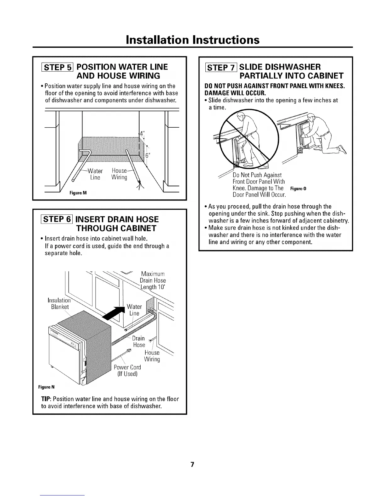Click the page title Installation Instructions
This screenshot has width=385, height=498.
192,40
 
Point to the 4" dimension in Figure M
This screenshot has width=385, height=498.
142,133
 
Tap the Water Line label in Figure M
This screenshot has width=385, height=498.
95,174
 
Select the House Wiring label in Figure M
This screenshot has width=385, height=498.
120,174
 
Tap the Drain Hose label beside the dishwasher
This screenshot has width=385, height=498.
139,341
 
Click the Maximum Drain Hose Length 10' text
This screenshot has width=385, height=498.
153,280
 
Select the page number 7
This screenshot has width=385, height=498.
192,465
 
